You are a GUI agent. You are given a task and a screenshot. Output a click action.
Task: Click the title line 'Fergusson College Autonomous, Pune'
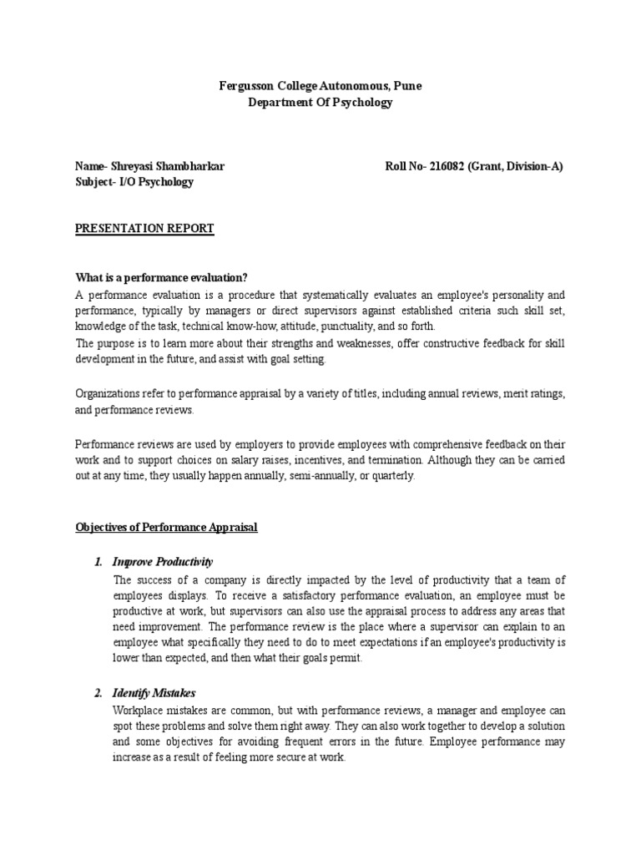pyautogui.click(x=320, y=85)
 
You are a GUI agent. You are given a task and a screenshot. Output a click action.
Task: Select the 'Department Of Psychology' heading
pyautogui.click(x=320, y=102)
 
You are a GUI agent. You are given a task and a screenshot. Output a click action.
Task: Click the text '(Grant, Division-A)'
pyautogui.click(x=516, y=166)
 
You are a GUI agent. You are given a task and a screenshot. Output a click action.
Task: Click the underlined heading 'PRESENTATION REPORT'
pyautogui.click(x=144, y=229)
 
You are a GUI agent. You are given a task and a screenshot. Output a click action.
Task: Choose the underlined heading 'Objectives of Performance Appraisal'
pyautogui.click(x=167, y=527)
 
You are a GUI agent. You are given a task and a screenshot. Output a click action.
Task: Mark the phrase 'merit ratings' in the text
pyautogui.click(x=535, y=394)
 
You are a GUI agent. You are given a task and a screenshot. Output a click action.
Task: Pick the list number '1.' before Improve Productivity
pyautogui.click(x=98, y=561)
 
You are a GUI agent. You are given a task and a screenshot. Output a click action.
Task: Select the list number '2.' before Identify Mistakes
pyautogui.click(x=98, y=693)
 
